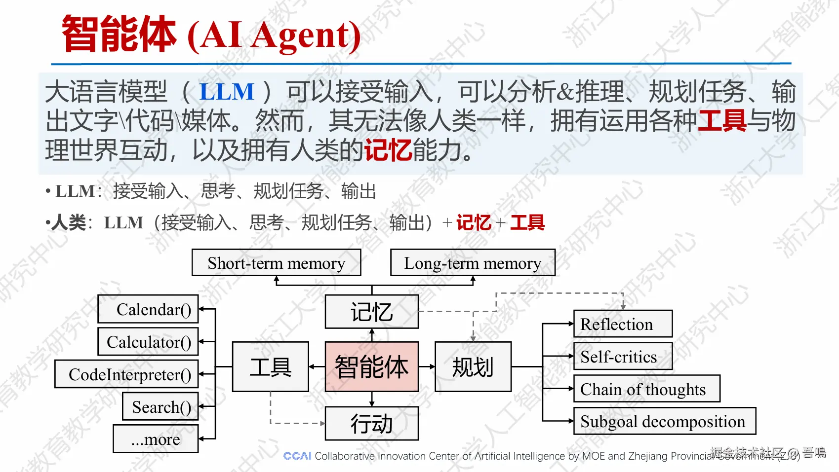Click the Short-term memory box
(276, 263)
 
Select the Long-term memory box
(473, 263)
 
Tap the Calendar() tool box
(148, 309)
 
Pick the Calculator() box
(148, 342)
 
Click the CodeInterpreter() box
(126, 374)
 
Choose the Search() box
(160, 407)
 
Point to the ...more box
(156, 439)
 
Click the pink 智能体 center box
(371, 367)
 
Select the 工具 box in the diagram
(271, 367)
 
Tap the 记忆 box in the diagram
(371, 312)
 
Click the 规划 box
(473, 367)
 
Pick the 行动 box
(371, 424)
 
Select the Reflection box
(623, 324)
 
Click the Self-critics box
(623, 357)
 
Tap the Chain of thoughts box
(646, 389)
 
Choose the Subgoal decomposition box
(664, 421)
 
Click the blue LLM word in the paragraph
(227, 92)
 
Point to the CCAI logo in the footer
(297, 456)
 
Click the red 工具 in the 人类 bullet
(527, 223)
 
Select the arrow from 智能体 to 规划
(427, 367)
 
